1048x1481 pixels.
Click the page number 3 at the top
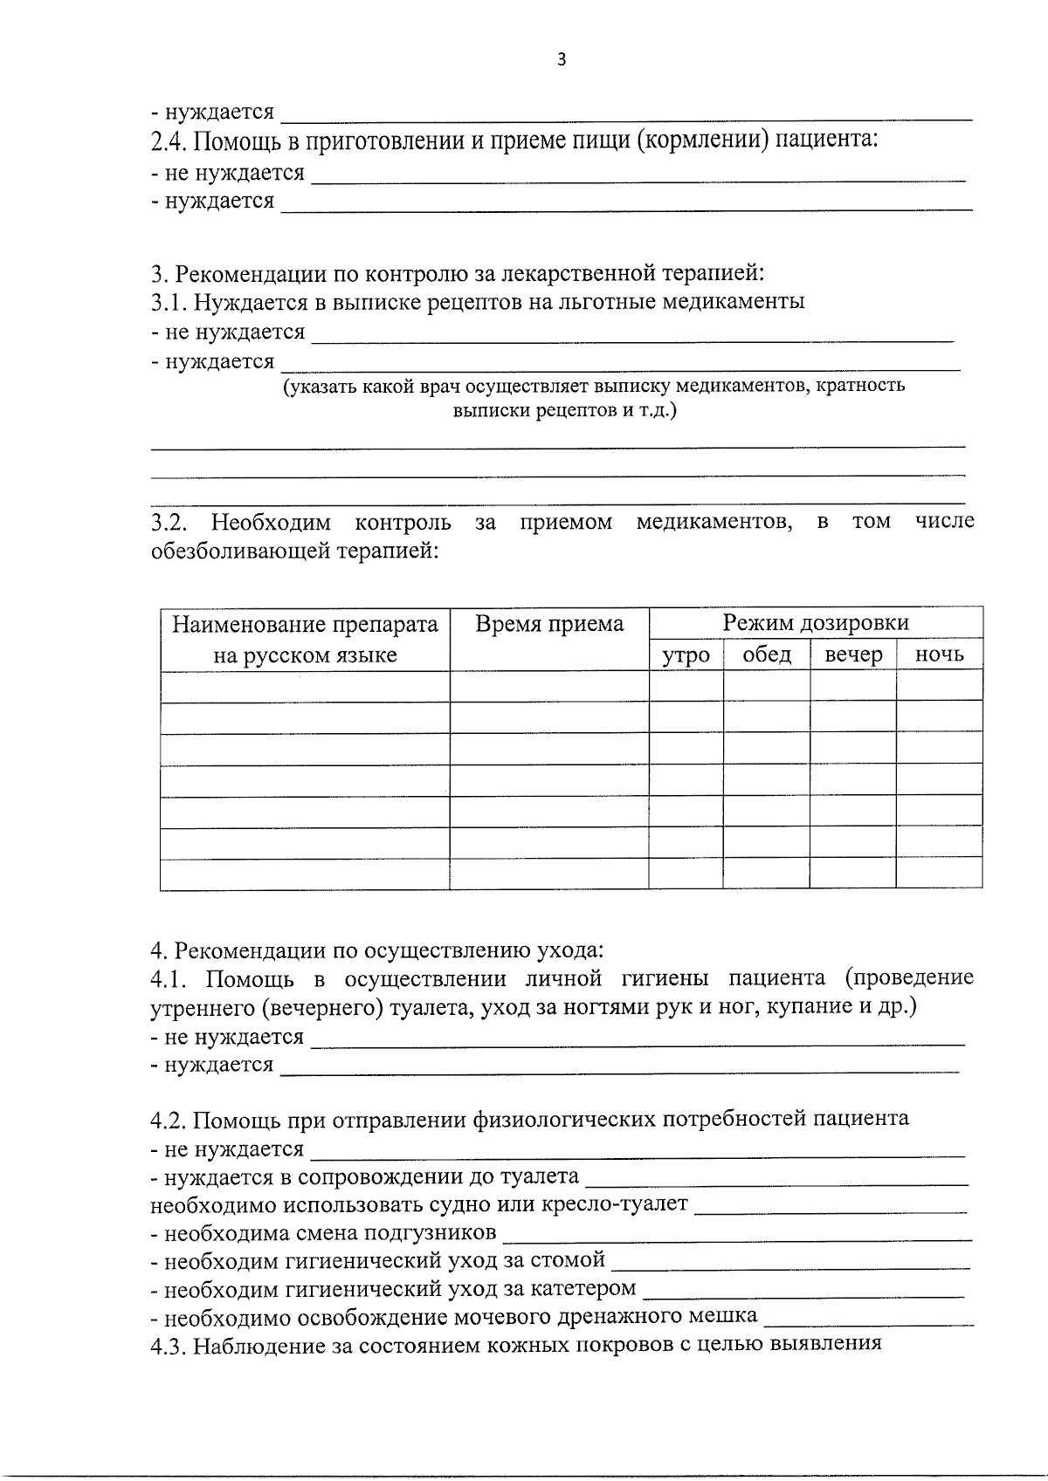(562, 60)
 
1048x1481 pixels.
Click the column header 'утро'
(686, 655)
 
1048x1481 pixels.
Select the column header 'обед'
(767, 655)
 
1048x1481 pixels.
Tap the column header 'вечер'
(853, 655)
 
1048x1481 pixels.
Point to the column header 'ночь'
(939, 655)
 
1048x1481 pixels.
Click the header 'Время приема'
(549, 624)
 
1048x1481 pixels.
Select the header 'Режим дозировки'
(816, 622)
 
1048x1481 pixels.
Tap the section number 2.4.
(169, 141)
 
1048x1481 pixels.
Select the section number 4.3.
(169, 1345)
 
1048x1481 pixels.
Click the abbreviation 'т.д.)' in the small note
(656, 410)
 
